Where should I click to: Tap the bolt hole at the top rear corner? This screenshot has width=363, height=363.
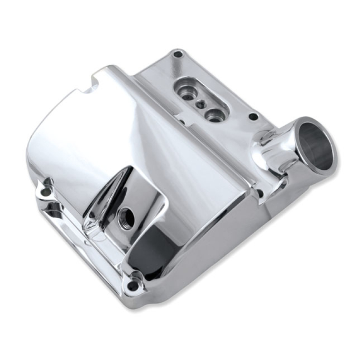177,54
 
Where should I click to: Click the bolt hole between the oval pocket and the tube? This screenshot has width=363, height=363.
253,117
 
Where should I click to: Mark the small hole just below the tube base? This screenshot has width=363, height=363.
260,194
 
